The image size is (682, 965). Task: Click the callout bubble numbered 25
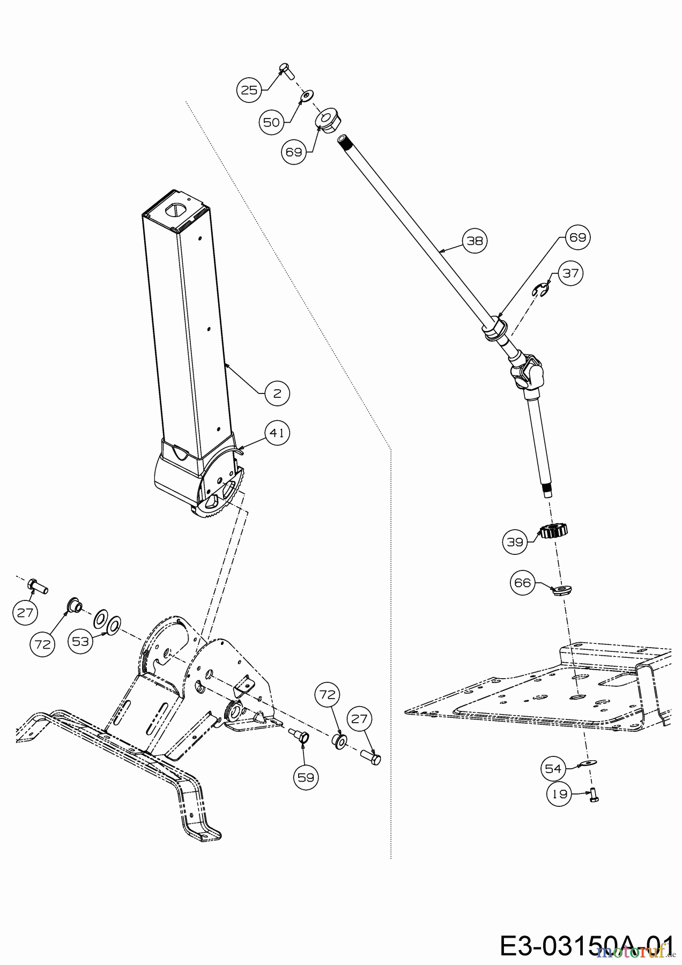click(249, 90)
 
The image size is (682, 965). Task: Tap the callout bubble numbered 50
click(272, 122)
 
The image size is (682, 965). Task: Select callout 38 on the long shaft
click(475, 241)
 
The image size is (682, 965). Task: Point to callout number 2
click(277, 393)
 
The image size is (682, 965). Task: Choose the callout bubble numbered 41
click(277, 433)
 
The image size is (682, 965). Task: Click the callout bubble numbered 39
click(515, 542)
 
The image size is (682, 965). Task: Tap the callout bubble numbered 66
click(522, 583)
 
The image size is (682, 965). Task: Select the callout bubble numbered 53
click(80, 642)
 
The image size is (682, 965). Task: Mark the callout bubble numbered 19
click(560, 794)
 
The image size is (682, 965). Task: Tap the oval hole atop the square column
click(176, 210)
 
